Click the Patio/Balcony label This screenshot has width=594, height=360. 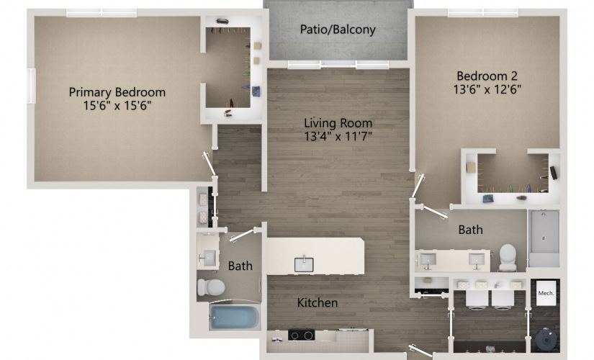point(338,30)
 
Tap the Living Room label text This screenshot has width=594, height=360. point(338,122)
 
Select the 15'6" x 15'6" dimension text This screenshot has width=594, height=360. point(117,105)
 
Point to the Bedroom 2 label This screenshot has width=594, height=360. point(487,76)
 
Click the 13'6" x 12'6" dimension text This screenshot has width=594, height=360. point(487,89)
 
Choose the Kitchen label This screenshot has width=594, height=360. point(318,302)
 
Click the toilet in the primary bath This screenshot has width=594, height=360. point(210,288)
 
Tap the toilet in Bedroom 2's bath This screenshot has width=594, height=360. point(508,256)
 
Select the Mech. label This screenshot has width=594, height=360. point(545,293)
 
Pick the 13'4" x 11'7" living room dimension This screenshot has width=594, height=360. point(338,136)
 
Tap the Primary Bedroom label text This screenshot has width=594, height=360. point(117,92)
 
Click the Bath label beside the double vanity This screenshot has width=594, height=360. point(471,230)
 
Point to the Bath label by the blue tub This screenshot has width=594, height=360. point(240,266)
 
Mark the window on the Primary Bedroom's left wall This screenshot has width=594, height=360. point(32,86)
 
